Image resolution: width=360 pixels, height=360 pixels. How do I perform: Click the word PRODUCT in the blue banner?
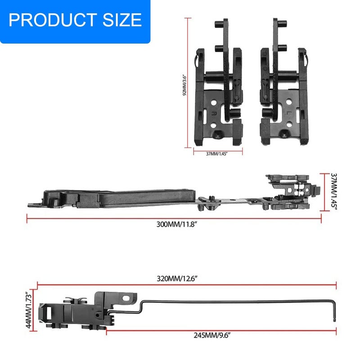pyautogui.click(x=53, y=20)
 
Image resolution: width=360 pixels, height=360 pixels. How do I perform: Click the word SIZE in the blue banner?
pyautogui.click(x=122, y=20)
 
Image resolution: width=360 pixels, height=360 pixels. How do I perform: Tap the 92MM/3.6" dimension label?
pyautogui.click(x=185, y=85)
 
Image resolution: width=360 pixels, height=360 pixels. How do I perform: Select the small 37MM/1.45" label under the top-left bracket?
pyautogui.click(x=216, y=154)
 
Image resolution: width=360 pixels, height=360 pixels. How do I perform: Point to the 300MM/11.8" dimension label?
pyautogui.click(x=177, y=224)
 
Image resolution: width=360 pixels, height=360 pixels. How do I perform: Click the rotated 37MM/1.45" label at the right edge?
pyautogui.click(x=333, y=192)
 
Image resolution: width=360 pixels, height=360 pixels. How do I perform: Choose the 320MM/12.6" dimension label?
pyautogui.click(x=177, y=279)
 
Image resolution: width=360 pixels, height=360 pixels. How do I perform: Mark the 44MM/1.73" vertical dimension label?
pyautogui.click(x=29, y=310)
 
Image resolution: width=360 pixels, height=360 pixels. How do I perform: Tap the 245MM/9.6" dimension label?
pyautogui.click(x=211, y=335)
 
